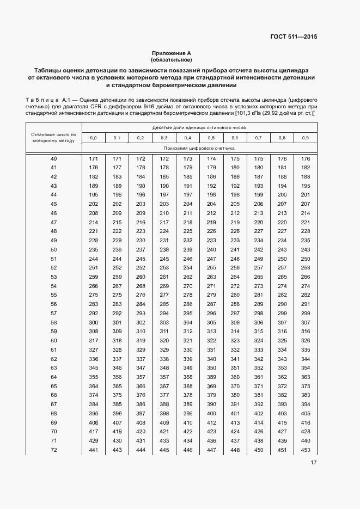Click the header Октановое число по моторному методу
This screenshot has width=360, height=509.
pyautogui.click(x=53, y=137)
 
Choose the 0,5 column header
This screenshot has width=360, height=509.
pyautogui.click(x=211, y=137)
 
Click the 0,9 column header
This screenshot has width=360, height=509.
pyautogui.click(x=305, y=137)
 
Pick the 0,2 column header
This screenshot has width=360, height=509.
pyautogui.click(x=141, y=137)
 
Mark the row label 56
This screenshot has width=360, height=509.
pyautogui.click(x=53, y=304)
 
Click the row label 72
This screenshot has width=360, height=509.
pyautogui.click(x=53, y=449)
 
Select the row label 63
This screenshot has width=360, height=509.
pyautogui.click(x=53, y=367)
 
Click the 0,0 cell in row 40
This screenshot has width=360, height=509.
pyautogui.click(x=93, y=158)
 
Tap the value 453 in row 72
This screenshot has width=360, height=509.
pyautogui.click(x=305, y=449)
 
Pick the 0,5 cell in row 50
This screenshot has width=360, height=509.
pyautogui.click(x=211, y=249)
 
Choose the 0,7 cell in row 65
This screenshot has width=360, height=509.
pyautogui.click(x=258, y=385)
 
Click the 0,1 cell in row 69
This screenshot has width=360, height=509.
pyautogui.click(x=117, y=422)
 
